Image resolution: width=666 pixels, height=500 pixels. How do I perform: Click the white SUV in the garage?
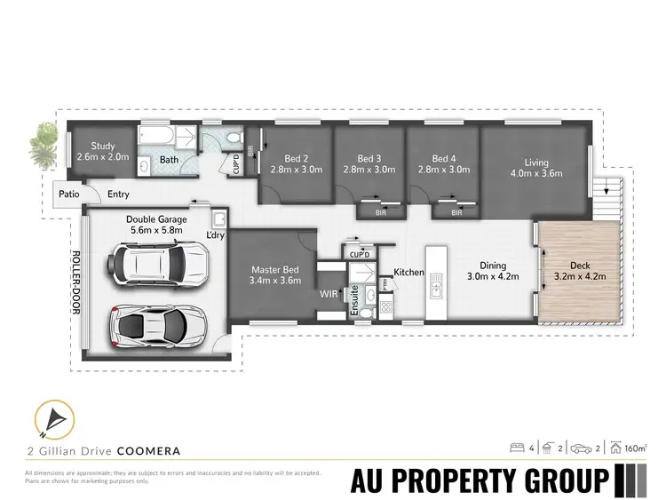pyautogui.click(x=159, y=263)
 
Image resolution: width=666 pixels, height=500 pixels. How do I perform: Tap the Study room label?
pyautogui.click(x=103, y=148)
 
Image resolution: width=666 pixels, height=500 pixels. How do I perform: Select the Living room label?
pyautogui.click(x=535, y=163)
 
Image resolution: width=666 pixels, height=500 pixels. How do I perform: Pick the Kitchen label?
pyautogui.click(x=410, y=271)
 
